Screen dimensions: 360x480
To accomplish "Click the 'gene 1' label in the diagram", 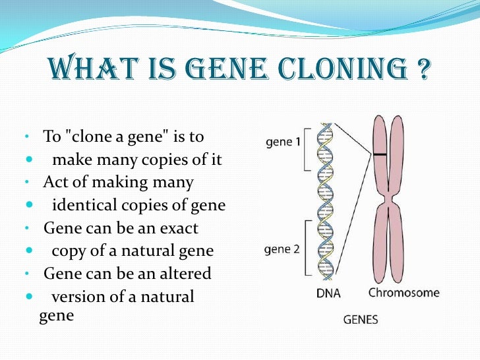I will pyautogui.click(x=284, y=141).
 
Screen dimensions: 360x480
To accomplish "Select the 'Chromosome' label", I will pyautogui.click(x=404, y=293).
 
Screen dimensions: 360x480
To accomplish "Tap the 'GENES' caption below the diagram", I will pyautogui.click(x=361, y=320).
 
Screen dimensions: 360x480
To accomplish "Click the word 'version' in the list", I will pyautogui.click(x=75, y=297).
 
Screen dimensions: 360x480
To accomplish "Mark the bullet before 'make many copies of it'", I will pyautogui.click(x=29, y=160).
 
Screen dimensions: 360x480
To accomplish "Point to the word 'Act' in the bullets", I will pyautogui.click(x=54, y=183).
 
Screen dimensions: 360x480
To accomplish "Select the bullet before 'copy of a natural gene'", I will pyautogui.click(x=29, y=251).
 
